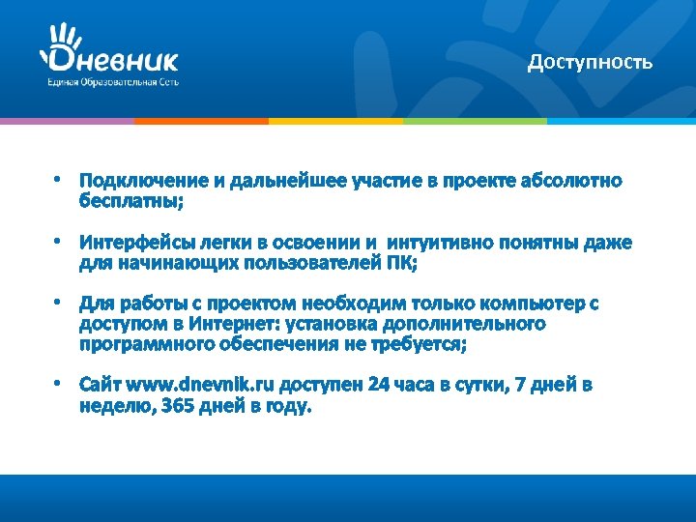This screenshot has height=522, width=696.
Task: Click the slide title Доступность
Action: (590, 63)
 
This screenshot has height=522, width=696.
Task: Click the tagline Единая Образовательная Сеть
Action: (113, 82)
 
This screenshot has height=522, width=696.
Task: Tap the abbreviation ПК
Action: (398, 263)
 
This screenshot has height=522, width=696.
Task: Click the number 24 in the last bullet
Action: (379, 385)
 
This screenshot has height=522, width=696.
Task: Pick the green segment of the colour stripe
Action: (475, 121)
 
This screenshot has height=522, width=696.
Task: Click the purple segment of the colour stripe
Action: (67, 121)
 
